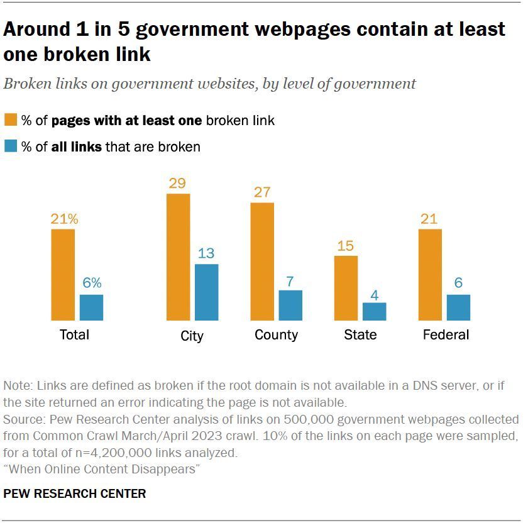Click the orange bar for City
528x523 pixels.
point(178,257)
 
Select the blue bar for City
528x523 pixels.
point(206,292)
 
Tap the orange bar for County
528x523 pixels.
point(262,261)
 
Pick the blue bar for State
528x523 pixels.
point(374,312)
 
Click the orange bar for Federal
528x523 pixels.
point(430,275)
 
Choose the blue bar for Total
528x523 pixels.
point(91,307)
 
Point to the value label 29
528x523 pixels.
point(178,184)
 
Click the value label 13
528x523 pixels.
point(206,253)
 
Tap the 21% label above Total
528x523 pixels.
point(64,219)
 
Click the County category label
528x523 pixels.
point(276,335)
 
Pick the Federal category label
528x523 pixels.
point(446,335)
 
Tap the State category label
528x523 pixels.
point(360,335)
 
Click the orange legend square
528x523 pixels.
point(11,120)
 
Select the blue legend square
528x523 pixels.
point(11,146)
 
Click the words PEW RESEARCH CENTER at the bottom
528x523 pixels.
point(75,493)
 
